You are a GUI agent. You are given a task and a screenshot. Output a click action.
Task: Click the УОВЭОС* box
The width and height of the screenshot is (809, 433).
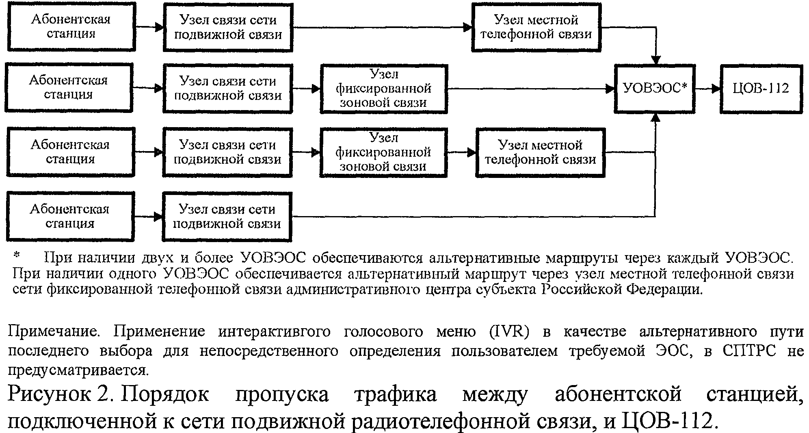coord(654,89)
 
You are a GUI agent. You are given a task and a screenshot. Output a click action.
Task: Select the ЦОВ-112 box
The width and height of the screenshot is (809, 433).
coord(761,89)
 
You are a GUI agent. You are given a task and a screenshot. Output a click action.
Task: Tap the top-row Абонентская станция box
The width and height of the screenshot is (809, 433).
coord(71,27)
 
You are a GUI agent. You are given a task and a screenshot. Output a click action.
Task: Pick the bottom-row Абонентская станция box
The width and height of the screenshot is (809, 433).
coord(70,216)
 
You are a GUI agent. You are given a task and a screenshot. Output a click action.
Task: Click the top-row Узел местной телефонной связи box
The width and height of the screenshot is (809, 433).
coord(536,27)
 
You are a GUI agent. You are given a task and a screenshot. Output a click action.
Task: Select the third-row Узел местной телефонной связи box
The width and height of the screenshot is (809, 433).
coord(540,152)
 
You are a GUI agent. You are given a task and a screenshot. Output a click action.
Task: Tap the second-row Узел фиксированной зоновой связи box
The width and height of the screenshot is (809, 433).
coord(384,89)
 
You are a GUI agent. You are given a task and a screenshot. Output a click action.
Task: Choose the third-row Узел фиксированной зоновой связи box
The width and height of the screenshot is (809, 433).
coord(383,152)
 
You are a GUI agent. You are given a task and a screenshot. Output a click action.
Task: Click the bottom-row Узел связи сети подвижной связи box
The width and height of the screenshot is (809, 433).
coord(227,216)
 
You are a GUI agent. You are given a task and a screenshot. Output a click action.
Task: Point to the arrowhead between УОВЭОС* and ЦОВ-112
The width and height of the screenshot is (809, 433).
coord(716,89)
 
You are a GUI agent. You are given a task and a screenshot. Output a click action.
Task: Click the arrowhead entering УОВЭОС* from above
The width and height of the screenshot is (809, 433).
coord(655,60)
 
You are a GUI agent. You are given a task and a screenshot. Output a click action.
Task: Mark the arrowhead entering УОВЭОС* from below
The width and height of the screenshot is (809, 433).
coord(655,117)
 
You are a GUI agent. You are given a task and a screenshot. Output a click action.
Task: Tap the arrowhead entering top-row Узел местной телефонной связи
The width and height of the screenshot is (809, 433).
coord(467,27)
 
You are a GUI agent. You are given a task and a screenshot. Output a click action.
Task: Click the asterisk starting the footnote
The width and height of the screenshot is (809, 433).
coord(16,256)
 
